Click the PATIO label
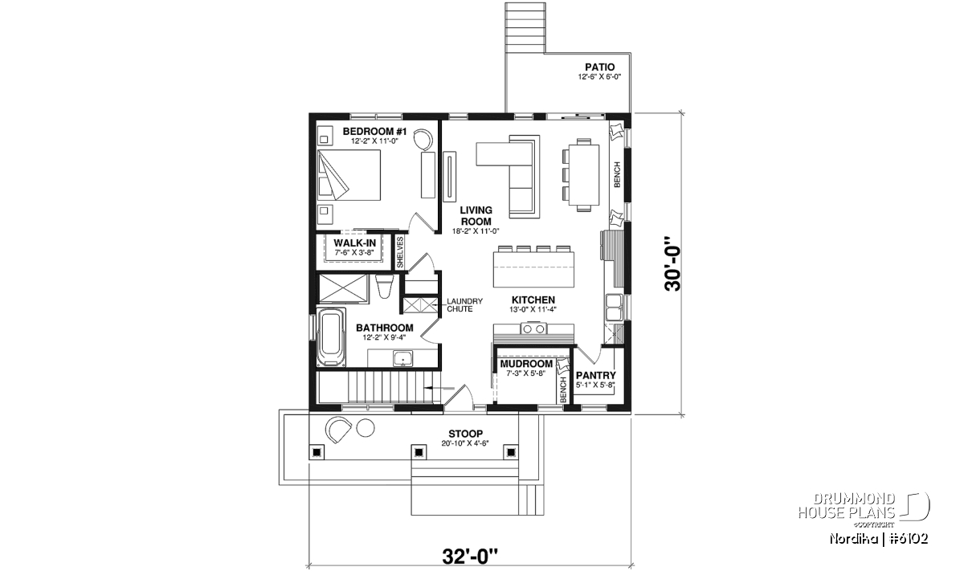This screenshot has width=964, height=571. coord(599,67)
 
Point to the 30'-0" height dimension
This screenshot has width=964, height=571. coord(673,263)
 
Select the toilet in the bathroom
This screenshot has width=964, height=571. coord(384,286)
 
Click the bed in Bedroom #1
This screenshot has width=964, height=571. coord(349,175)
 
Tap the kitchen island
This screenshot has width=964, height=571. coord(533,269)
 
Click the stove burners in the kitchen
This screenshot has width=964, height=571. coord(533,329)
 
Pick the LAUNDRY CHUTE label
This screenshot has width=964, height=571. coord(464,305)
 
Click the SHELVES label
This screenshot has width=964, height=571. coord(400,253)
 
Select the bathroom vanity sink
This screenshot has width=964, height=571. coord(402,358)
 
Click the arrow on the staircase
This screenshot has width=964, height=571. coord(439,388)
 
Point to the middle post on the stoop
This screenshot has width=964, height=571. coord(419,452)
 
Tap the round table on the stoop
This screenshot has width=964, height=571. coord(366,428)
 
